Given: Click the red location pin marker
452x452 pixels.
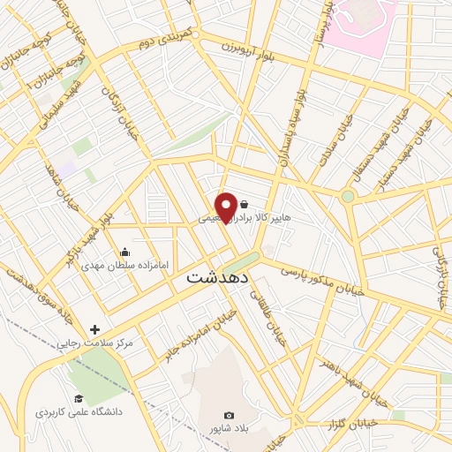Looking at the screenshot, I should (x=226, y=207).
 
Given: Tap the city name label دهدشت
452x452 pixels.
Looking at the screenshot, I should (x=218, y=277).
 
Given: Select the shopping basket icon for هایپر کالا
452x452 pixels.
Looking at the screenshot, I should (x=244, y=204).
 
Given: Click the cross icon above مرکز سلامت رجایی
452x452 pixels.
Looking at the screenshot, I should (x=94, y=329).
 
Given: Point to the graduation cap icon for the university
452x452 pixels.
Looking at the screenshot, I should (x=79, y=397).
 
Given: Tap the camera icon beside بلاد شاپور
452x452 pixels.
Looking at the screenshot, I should (x=230, y=415).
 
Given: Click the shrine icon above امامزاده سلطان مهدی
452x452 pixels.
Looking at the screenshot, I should (x=124, y=252).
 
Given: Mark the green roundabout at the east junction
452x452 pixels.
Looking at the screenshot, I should (x=348, y=196).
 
